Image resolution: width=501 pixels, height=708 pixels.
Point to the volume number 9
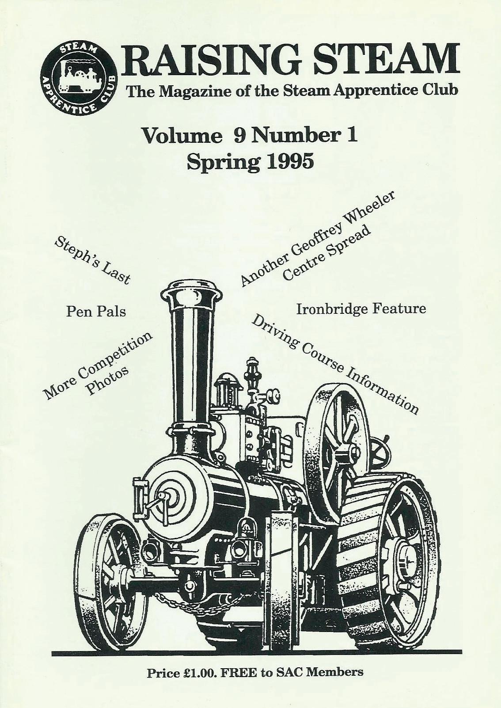coord(239,136)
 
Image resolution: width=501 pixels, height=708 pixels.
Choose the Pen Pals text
coord(96,312)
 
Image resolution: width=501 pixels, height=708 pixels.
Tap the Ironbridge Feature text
coord(361,308)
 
